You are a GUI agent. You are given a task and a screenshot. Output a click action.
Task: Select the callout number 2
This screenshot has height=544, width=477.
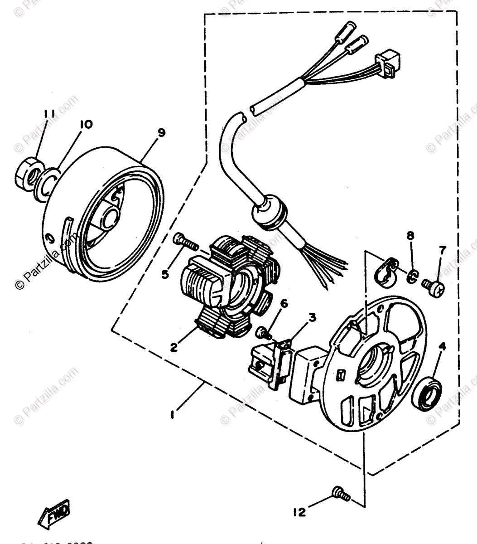tap(173, 348)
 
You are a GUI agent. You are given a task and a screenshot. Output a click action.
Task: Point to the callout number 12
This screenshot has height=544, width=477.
tap(299, 512)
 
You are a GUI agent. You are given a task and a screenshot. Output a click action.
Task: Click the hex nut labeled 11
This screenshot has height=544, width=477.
tap(28, 174)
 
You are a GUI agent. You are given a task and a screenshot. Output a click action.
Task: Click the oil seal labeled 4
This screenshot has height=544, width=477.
tap(430, 393)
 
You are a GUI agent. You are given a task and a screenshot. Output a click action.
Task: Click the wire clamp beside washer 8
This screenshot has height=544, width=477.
tap(385, 272)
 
